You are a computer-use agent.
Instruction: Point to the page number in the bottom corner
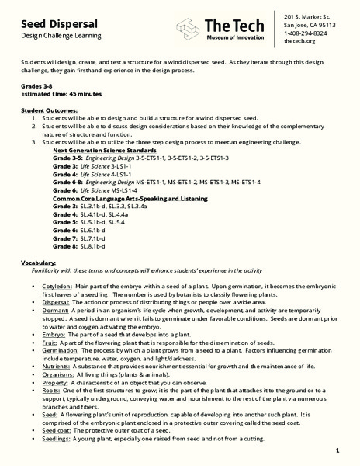[338, 451]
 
